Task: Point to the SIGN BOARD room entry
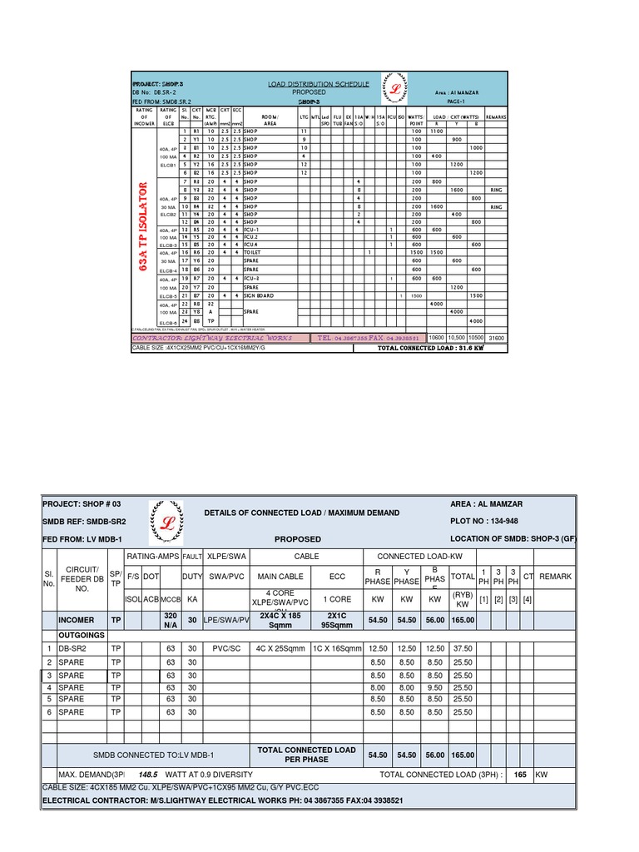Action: point(259,296)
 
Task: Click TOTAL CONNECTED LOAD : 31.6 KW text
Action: point(429,348)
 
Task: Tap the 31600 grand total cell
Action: point(496,338)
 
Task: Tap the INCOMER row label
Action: point(77,620)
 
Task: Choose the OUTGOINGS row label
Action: point(82,635)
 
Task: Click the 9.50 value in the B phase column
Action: point(433,688)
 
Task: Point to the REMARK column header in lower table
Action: point(556,576)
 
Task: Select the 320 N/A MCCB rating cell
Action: point(171,620)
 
